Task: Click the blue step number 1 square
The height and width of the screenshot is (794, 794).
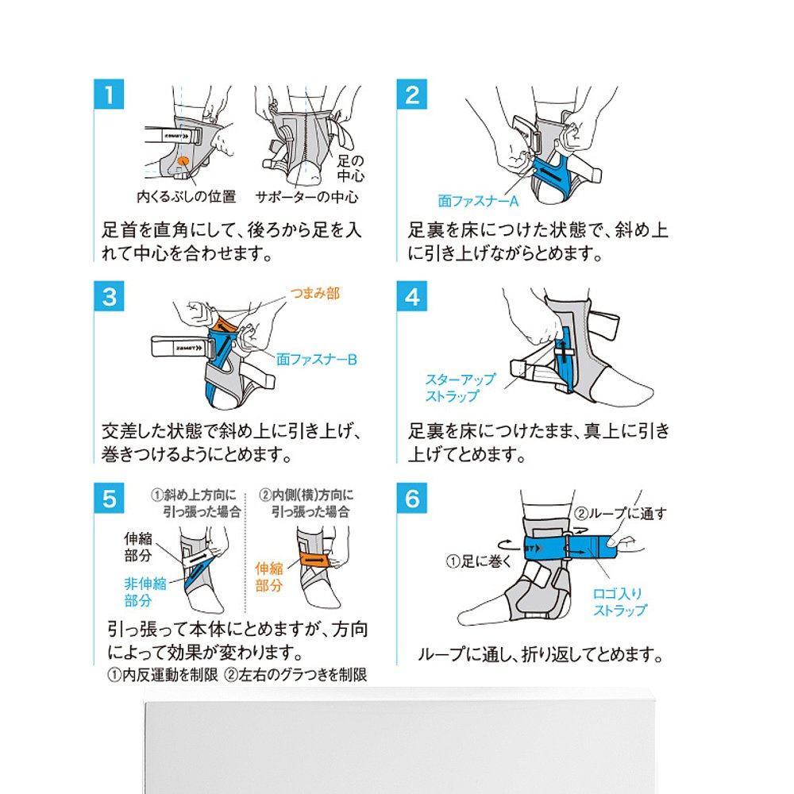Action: coord(109,94)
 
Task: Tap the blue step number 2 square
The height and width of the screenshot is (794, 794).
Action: coord(411,94)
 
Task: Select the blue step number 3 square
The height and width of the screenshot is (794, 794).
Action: coord(109,296)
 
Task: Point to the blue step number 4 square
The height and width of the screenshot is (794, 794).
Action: coord(411,296)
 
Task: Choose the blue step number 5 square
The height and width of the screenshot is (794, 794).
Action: coord(109,499)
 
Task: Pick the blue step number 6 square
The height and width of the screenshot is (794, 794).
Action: coord(411,499)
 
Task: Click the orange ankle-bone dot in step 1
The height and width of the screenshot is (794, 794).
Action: coord(183,161)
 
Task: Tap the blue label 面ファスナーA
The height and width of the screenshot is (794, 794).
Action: coord(478,202)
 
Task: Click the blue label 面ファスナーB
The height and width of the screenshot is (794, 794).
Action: coord(317,360)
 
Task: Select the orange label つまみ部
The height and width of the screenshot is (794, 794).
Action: coord(314,293)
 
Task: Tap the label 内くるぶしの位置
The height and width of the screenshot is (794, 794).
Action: coord(187,196)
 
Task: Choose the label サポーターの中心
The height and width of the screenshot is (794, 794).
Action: coord(306,196)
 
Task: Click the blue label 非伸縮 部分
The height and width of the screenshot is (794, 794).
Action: coord(145,592)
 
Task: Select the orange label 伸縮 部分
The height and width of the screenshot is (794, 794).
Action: coord(269,576)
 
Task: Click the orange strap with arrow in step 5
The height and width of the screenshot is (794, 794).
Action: coord(314,560)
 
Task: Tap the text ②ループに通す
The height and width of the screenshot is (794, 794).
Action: coord(620,514)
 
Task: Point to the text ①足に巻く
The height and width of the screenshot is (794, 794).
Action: coord(479,561)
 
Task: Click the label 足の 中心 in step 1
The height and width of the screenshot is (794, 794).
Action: coord(350,168)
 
